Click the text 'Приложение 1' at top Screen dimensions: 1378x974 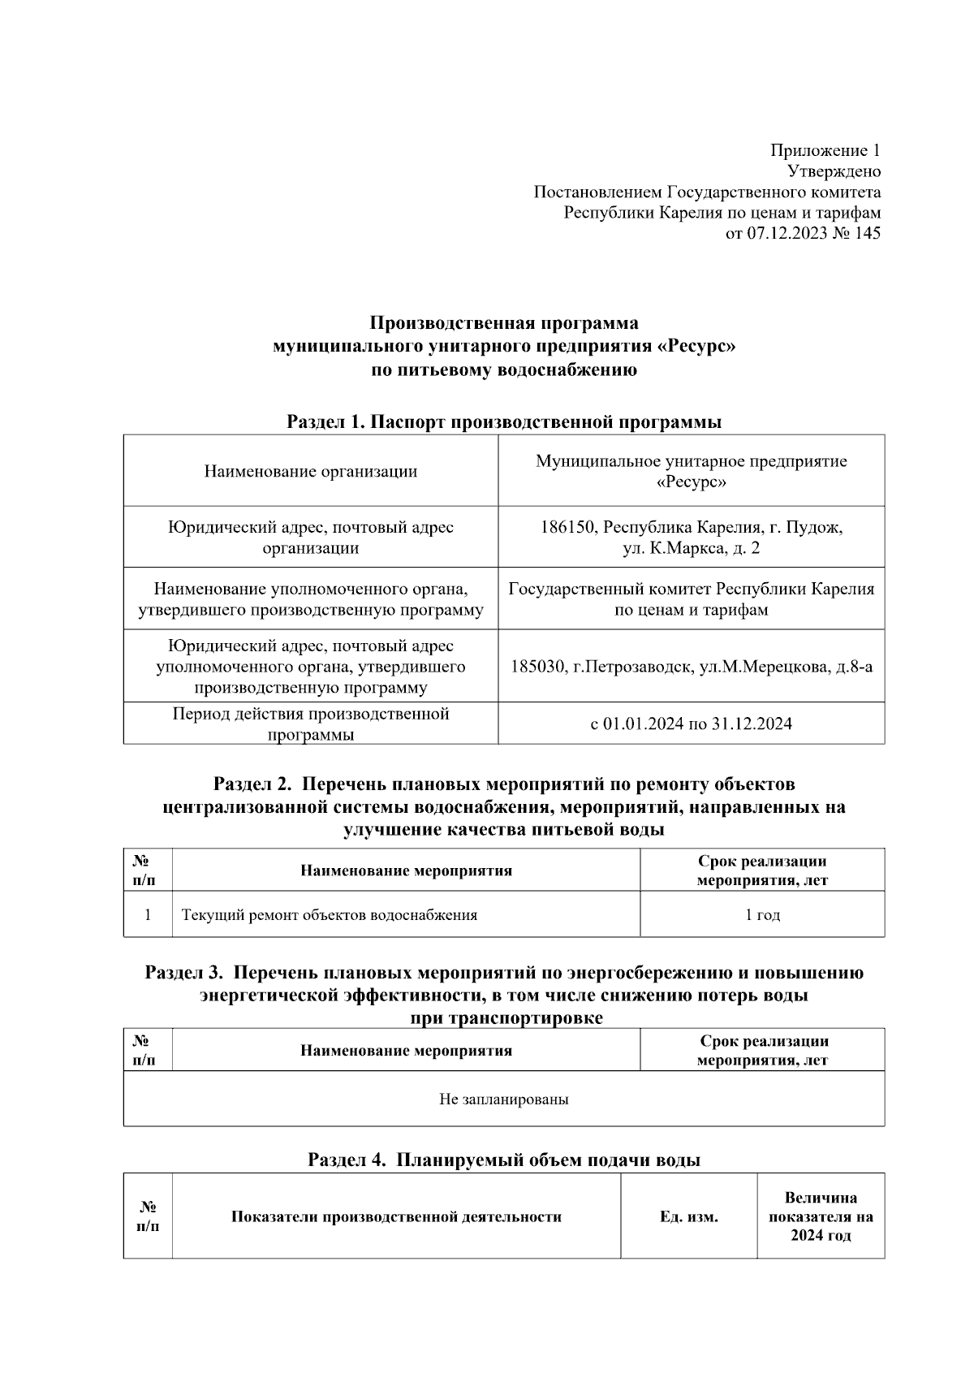[x=825, y=150]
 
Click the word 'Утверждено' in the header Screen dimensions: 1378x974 [x=834, y=171]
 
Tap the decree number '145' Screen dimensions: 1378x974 [x=867, y=234]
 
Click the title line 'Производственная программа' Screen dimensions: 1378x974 [x=504, y=323]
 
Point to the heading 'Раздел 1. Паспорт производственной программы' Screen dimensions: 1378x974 [x=504, y=422]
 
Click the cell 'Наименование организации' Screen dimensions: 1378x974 [x=310, y=472]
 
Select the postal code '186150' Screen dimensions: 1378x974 [x=570, y=528]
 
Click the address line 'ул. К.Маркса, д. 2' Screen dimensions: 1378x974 [x=691, y=549]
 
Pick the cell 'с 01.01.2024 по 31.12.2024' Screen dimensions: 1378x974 [x=691, y=724]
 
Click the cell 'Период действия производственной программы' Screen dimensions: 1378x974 [x=310, y=724]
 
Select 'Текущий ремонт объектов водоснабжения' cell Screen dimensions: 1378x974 [x=329, y=915]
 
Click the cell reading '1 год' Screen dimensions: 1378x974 [x=762, y=915]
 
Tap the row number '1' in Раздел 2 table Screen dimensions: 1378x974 [x=148, y=915]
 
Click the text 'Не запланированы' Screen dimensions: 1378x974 [x=503, y=1099]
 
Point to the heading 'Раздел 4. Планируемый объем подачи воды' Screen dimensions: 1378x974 [x=504, y=1160]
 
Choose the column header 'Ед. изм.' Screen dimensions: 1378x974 [x=688, y=1217]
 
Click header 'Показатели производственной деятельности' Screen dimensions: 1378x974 [x=396, y=1217]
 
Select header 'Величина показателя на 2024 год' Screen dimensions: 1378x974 [x=820, y=1217]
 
